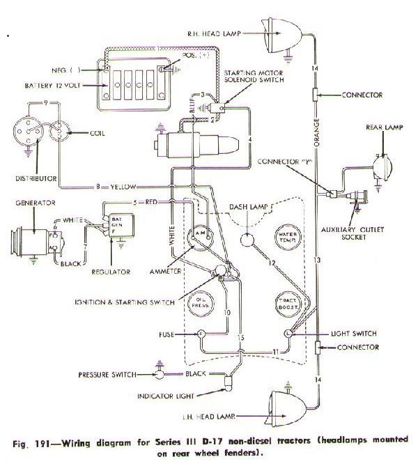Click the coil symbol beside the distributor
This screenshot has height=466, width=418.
click(x=61, y=132)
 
